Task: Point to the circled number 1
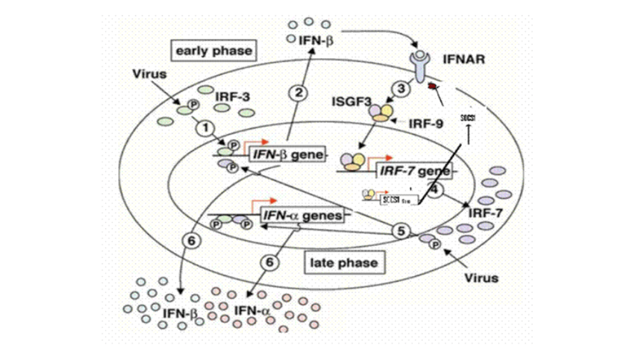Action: (x=203, y=128)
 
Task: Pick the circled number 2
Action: (x=298, y=92)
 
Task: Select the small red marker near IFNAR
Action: (x=431, y=86)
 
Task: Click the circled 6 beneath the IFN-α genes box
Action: (x=268, y=262)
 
